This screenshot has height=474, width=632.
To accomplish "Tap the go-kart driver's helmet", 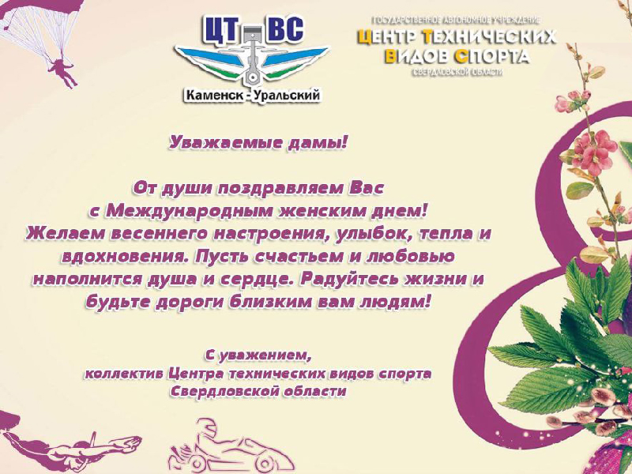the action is click(x=206, y=428).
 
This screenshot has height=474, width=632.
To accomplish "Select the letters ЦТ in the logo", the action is click(x=221, y=30).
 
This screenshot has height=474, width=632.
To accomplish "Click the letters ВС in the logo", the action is click(x=285, y=29).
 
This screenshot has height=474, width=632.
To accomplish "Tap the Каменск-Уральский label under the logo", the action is click(x=253, y=96).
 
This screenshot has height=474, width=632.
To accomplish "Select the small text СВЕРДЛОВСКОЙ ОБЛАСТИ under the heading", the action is click(x=457, y=73).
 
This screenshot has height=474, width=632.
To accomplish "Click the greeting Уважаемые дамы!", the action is click(x=258, y=143).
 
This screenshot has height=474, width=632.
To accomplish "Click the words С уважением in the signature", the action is click(x=259, y=355).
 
